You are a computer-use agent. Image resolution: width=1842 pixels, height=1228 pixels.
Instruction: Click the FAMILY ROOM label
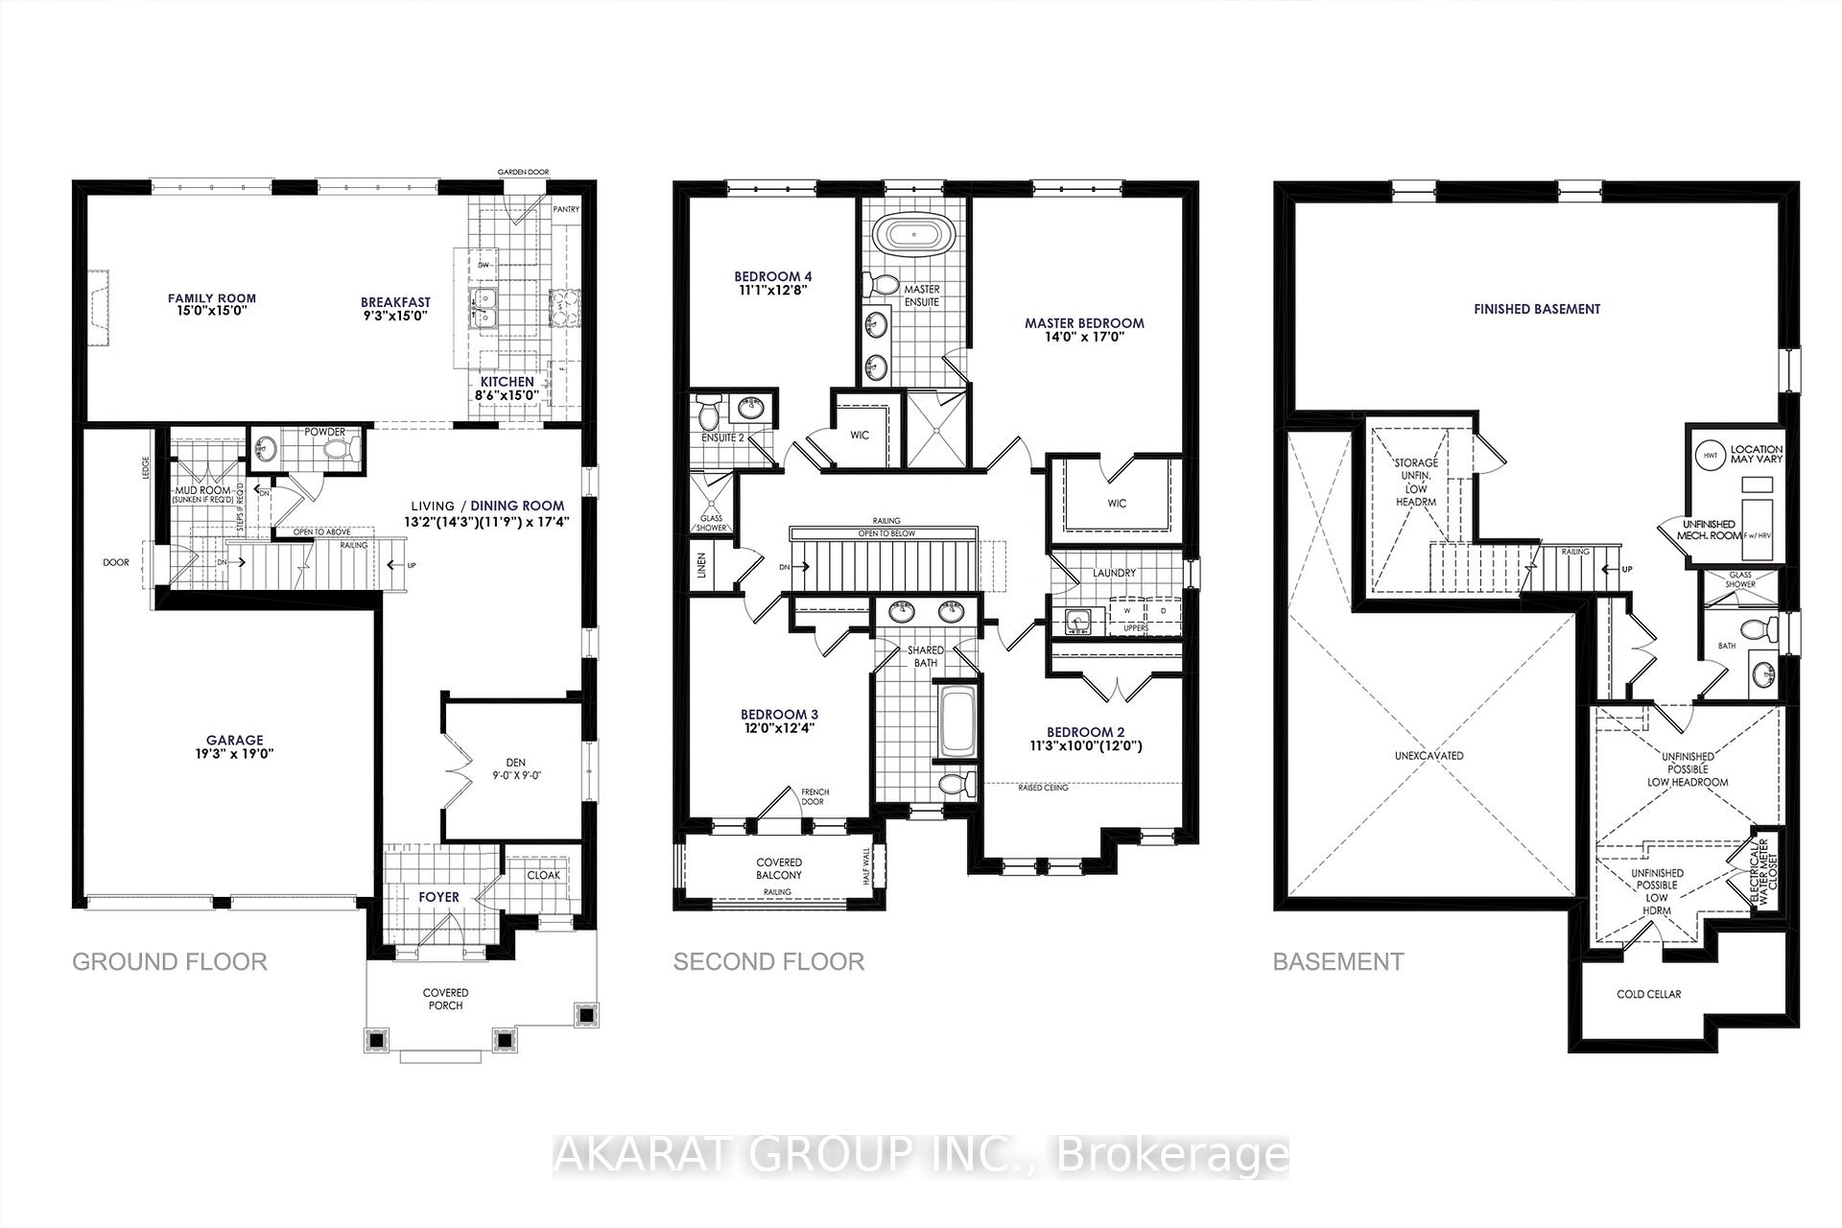tap(212, 298)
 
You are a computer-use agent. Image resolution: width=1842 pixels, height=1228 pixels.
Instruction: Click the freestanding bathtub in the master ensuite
tap(913, 235)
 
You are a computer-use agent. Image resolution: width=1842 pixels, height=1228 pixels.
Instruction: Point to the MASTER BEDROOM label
tap(1084, 323)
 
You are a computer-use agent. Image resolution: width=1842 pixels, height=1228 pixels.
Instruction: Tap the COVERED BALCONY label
tap(778, 868)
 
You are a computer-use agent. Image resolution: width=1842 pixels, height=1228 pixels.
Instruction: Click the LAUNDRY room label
tap(1114, 573)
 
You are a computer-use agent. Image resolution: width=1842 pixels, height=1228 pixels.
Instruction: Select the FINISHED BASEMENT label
tap(1537, 309)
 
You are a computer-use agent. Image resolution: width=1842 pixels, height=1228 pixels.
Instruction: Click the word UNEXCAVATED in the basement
tap(1429, 755)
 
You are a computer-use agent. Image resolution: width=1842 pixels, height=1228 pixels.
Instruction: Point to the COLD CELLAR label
tap(1648, 994)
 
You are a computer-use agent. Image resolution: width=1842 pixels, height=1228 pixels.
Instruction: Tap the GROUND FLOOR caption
tap(170, 961)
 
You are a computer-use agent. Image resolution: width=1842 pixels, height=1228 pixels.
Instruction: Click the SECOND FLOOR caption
tap(768, 961)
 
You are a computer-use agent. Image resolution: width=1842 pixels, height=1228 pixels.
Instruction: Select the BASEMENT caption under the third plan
tap(1337, 961)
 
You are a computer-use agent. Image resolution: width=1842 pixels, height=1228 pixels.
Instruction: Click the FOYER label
tap(438, 897)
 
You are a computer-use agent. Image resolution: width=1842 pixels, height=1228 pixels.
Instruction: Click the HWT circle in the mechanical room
tap(1709, 454)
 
